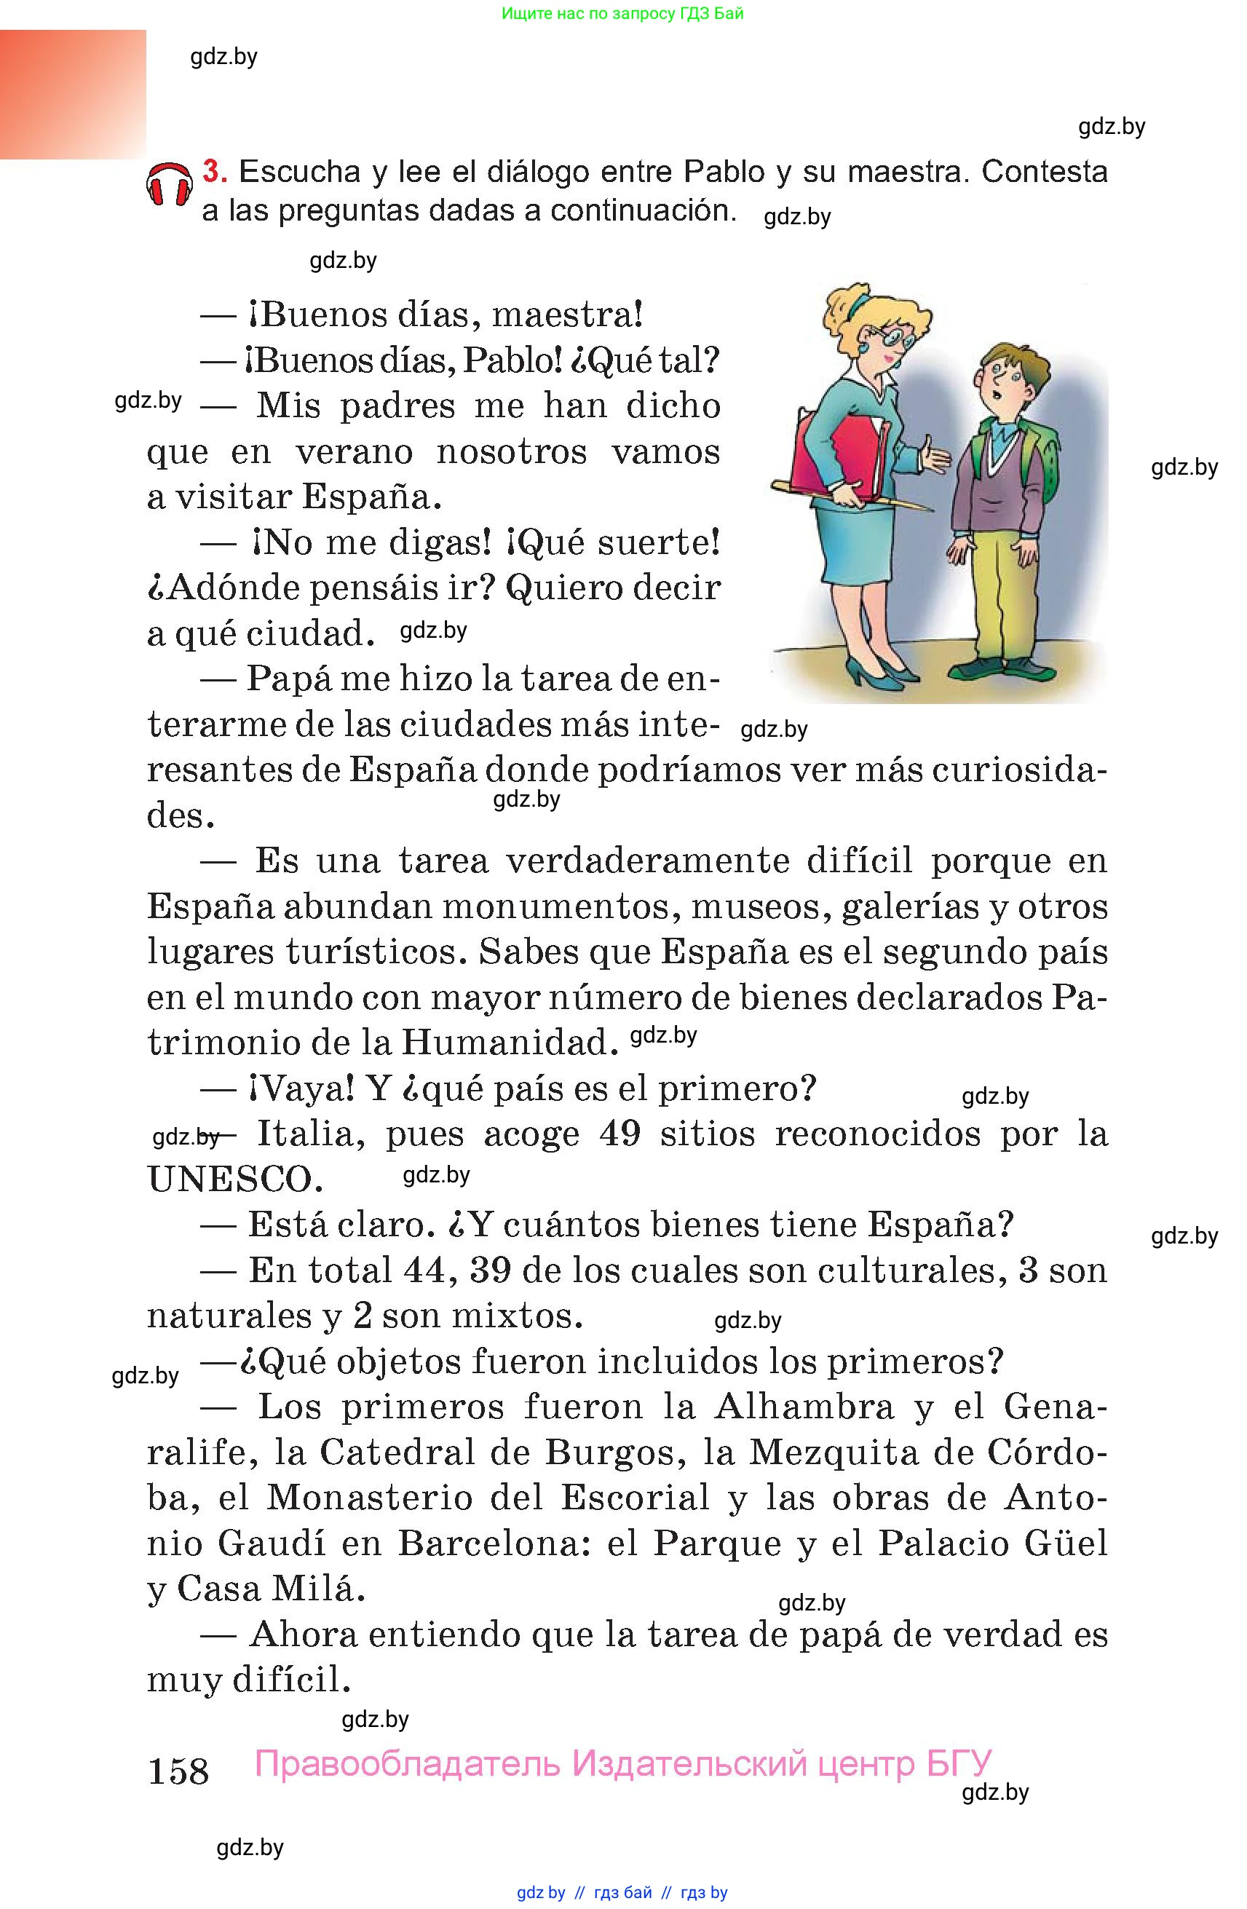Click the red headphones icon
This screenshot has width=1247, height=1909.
tap(169, 185)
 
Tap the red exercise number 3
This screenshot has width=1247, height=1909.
tap(214, 172)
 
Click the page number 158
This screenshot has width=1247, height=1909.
tap(178, 1771)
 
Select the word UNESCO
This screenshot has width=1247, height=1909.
tap(235, 1179)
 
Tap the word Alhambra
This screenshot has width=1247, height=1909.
tap(804, 1407)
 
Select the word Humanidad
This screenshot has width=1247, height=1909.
tap(510, 1043)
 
